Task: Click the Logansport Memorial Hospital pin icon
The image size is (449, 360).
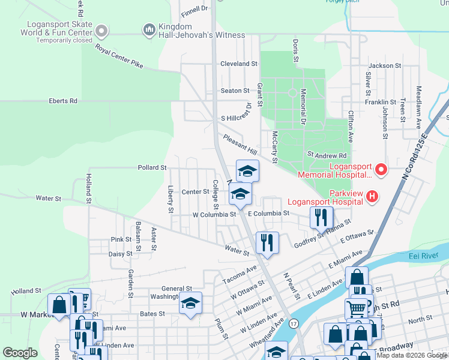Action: pos(380,170)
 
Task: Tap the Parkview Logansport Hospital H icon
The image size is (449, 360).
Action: pos(372,196)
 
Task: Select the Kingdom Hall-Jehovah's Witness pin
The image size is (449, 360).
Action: pos(149,29)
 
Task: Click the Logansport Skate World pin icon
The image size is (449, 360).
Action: pos(101,30)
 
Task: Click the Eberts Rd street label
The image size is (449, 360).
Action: pos(64,101)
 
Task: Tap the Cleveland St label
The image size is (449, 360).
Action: pos(238,64)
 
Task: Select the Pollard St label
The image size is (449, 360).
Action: pos(151,168)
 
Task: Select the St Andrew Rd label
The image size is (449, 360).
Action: pos(327,155)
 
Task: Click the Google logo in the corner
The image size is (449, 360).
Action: pos(20,353)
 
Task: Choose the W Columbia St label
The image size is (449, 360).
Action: pos(214,214)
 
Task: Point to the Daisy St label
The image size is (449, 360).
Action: pos(120,254)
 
